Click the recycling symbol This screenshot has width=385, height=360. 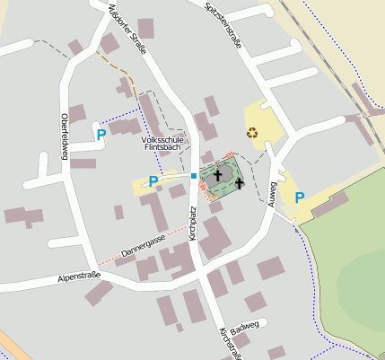click(252, 132)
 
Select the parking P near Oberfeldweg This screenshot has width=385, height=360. click(101, 135)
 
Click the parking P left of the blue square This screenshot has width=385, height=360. click(153, 181)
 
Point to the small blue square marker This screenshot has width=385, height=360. click(193, 176)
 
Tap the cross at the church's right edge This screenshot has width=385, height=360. click(239, 184)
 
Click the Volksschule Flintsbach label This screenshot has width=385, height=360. click(164, 145)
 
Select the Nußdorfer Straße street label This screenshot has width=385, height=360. click(127, 30)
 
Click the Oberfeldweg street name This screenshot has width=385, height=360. click(64, 139)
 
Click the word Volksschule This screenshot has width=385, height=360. click(164, 140)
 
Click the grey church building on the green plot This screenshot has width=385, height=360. click(224, 175)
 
